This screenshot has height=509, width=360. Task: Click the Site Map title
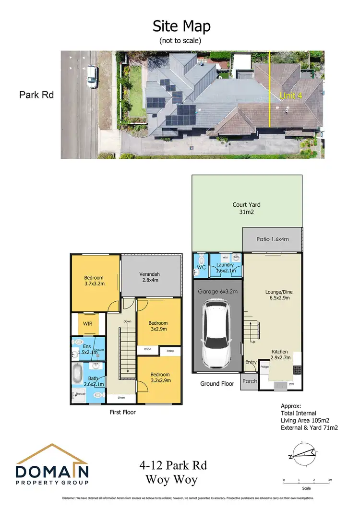(181, 25)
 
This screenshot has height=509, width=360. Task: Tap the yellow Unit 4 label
(291, 96)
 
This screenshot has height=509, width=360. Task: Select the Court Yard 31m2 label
(247, 209)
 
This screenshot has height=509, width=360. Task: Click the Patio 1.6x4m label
(272, 239)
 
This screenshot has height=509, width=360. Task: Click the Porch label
(250, 381)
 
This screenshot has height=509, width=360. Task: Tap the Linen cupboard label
(121, 398)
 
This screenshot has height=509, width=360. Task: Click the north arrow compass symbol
(301, 452)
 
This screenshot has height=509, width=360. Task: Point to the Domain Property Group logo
(52, 466)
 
